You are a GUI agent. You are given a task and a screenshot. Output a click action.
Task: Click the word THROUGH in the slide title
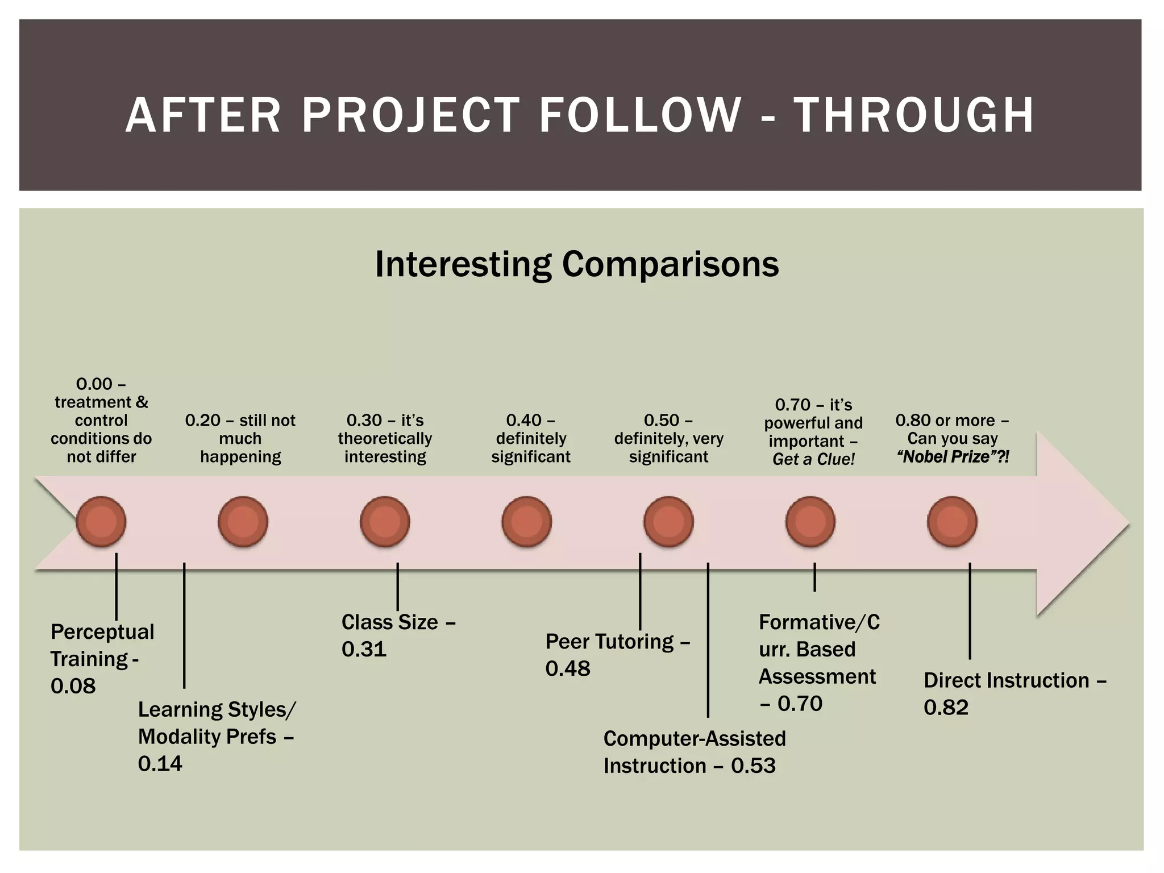914,115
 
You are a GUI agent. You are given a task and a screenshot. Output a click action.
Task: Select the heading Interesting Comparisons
577,264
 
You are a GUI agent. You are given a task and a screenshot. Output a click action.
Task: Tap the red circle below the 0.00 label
101,522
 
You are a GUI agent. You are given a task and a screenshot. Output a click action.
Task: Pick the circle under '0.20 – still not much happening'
243,522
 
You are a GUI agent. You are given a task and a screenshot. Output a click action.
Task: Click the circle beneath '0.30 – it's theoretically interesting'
385,522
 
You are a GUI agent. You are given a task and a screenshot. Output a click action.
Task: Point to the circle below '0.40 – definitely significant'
527,522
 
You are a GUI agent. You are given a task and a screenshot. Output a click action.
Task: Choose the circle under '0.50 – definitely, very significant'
668,522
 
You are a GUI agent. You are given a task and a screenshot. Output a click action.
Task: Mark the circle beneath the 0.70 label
810,522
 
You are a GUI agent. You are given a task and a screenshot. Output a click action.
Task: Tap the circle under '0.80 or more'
952,522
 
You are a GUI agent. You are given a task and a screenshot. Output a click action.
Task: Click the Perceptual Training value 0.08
73,687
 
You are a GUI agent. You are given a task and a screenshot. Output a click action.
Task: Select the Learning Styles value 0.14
160,763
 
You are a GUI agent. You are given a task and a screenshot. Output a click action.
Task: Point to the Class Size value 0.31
364,649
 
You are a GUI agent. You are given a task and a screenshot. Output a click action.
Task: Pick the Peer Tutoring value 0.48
568,668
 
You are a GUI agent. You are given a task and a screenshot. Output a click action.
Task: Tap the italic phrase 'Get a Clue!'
813,459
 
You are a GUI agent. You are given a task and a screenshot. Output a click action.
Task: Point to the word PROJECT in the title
410,115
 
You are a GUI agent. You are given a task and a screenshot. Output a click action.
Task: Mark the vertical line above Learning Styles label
184,625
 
